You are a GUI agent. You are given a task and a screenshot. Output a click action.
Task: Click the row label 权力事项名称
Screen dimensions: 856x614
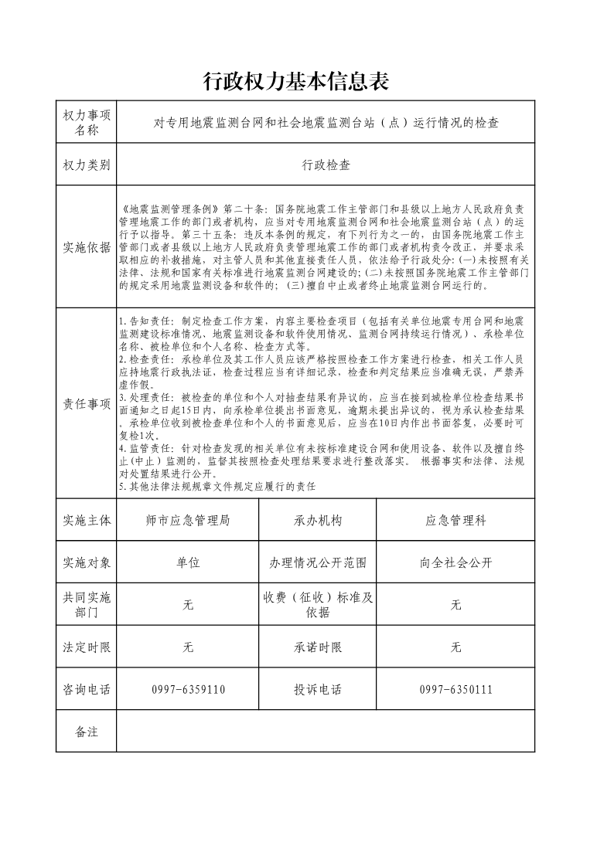tap(87, 122)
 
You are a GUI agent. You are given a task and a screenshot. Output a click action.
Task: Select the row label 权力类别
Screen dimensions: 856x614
tap(87, 165)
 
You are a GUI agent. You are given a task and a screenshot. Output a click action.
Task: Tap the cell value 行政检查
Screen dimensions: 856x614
tap(326, 165)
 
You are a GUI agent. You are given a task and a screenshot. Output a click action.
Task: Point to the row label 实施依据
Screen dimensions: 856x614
tap(87, 247)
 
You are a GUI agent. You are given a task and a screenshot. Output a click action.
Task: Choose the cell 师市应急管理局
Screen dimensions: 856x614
tap(188, 521)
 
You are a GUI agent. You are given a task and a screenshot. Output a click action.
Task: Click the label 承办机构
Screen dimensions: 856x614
tap(318, 521)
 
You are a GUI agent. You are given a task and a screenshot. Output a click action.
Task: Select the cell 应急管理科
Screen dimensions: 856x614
tap(455, 521)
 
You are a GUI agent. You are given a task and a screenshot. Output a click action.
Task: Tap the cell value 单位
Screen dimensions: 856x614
tap(188, 562)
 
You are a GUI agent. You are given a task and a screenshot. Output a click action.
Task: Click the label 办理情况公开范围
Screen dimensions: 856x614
tap(318, 562)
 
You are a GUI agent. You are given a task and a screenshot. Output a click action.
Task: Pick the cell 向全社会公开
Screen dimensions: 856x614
tap(455, 562)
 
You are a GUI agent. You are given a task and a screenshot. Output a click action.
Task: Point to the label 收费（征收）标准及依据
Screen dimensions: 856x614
tap(318, 605)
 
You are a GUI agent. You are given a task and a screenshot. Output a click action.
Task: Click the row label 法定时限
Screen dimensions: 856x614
tap(87, 647)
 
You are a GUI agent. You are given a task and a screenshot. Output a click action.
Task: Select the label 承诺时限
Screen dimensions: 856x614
tap(318, 647)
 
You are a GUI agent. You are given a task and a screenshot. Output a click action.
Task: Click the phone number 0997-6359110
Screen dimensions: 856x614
tap(188, 690)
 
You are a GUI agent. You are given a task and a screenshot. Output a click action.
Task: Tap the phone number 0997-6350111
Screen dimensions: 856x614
tap(455, 690)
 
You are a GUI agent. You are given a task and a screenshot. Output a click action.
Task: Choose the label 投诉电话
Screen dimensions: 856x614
tap(318, 690)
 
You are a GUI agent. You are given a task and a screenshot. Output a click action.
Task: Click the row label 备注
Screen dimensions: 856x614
tap(87, 732)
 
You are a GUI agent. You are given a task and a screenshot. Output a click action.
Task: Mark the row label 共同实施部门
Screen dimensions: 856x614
tap(87, 605)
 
